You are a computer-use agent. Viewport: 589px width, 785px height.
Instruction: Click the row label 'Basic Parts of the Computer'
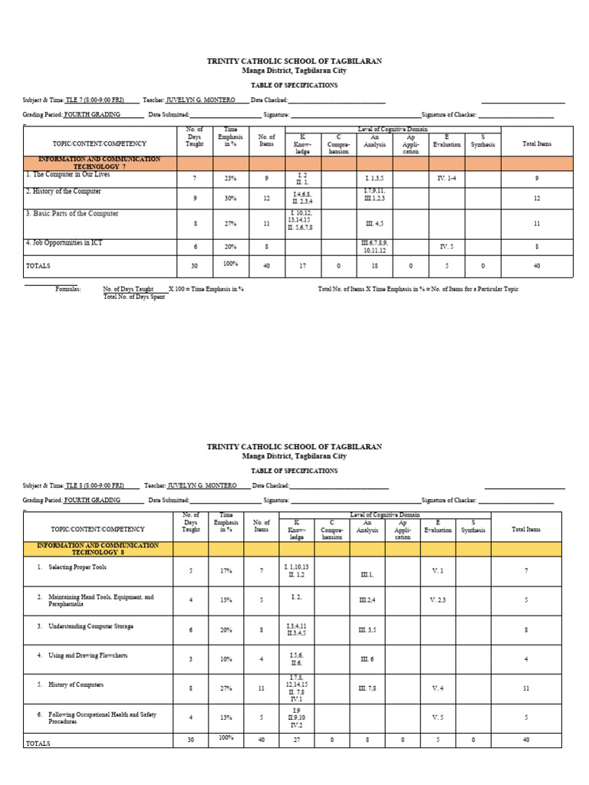coord(73,214)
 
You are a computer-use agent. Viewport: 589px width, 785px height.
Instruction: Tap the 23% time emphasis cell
coord(230,179)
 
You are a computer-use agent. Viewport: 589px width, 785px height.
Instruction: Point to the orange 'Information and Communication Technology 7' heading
coord(100,163)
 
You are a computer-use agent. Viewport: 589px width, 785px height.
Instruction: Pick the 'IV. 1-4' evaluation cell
coord(446,178)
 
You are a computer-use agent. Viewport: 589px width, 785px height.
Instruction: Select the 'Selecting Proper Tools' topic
coord(77,567)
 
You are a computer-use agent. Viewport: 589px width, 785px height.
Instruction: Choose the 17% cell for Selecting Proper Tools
coord(226,571)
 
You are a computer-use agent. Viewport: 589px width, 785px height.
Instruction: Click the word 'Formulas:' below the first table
coord(67,289)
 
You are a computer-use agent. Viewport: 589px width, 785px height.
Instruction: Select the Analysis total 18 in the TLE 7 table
coord(373,266)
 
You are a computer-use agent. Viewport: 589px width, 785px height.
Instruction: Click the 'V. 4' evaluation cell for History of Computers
coord(437,688)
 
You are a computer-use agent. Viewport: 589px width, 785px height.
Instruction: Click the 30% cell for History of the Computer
coord(230,198)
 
